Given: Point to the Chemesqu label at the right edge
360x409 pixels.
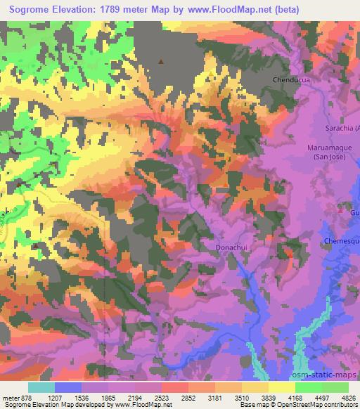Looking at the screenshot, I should (342, 241).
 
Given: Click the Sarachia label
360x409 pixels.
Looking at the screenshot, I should (342, 129).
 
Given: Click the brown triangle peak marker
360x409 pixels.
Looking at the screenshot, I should (161, 61).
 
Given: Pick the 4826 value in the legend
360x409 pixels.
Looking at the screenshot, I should (347, 397).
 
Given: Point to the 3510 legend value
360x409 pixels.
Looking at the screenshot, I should (243, 397).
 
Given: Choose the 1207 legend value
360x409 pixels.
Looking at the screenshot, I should (56, 397).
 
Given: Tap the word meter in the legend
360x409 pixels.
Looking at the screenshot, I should (11, 397).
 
